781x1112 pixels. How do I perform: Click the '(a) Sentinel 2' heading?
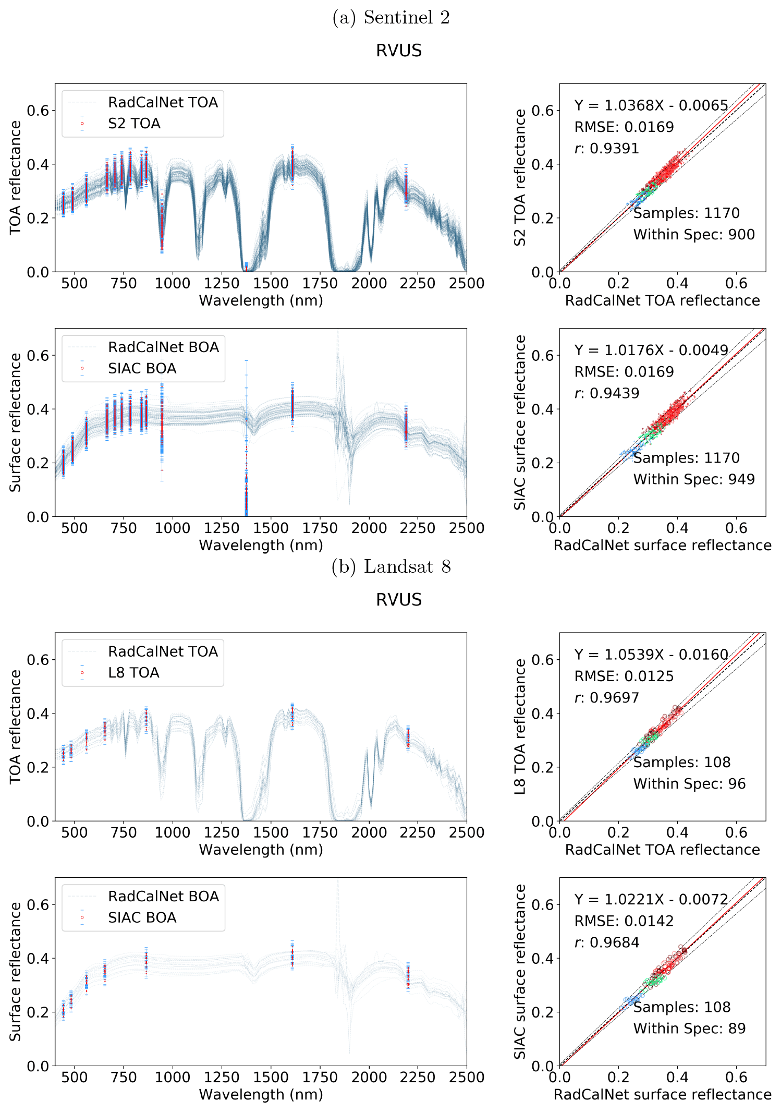click(x=391, y=18)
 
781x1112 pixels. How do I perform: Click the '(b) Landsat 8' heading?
click(x=391, y=566)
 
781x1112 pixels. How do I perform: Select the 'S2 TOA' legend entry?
click(x=134, y=124)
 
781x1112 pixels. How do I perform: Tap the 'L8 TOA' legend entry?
click(x=133, y=673)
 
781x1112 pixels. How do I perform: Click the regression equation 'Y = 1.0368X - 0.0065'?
click(x=651, y=105)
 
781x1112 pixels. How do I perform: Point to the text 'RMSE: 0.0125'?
click(x=624, y=676)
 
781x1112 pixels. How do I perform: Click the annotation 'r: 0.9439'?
click(x=607, y=393)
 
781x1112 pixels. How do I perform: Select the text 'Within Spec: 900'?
click(x=694, y=235)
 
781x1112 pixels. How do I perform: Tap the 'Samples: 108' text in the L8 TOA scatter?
click(x=682, y=763)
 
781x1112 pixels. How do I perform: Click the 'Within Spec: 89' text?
click(x=689, y=1029)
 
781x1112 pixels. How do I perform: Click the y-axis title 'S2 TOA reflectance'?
click(x=520, y=177)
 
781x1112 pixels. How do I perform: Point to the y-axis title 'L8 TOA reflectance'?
click(x=520, y=727)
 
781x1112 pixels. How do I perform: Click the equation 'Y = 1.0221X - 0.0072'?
click(x=651, y=900)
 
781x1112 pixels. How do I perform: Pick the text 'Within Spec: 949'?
click(x=694, y=479)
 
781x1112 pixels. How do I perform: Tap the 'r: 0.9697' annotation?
click(x=607, y=698)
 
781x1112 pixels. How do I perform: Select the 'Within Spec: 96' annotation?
click(x=689, y=784)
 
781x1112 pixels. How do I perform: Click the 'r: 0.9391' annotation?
click(x=607, y=149)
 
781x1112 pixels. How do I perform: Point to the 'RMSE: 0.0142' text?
click(x=624, y=921)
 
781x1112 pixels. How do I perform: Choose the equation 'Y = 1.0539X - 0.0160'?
click(x=651, y=655)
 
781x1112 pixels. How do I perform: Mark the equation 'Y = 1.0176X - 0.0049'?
click(x=651, y=350)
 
